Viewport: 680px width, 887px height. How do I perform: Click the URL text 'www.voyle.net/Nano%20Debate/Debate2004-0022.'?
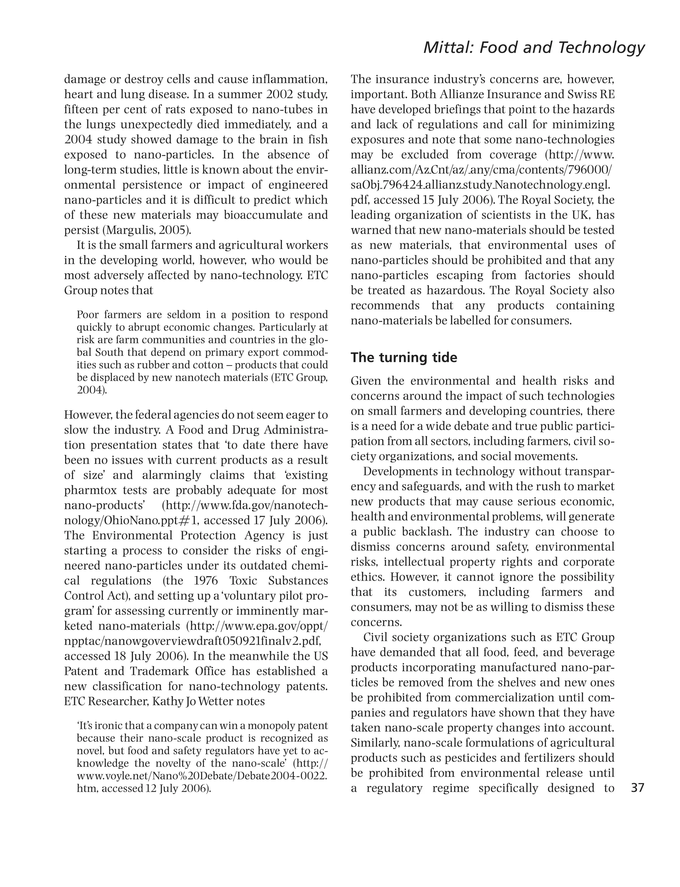pyautogui.click(x=202, y=775)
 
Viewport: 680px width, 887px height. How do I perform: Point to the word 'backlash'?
pyautogui.click(x=426, y=531)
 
